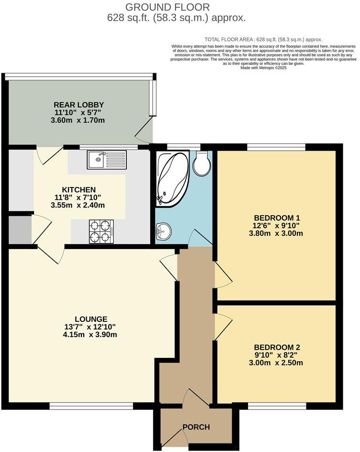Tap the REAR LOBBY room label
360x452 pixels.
[x=79, y=105]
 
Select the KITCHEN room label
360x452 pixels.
[x=79, y=189]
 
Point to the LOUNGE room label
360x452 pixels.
[x=91, y=319]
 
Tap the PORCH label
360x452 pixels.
[x=196, y=427]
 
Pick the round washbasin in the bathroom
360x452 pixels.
[x=163, y=232]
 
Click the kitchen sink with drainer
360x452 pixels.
[x=106, y=159]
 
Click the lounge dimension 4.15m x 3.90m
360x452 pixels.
[x=91, y=335]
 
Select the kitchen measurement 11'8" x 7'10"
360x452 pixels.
[x=79, y=197]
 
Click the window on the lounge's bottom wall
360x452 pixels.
[x=91, y=406]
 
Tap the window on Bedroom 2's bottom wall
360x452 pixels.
[x=277, y=406]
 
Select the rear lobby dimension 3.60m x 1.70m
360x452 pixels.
[x=79, y=121]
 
